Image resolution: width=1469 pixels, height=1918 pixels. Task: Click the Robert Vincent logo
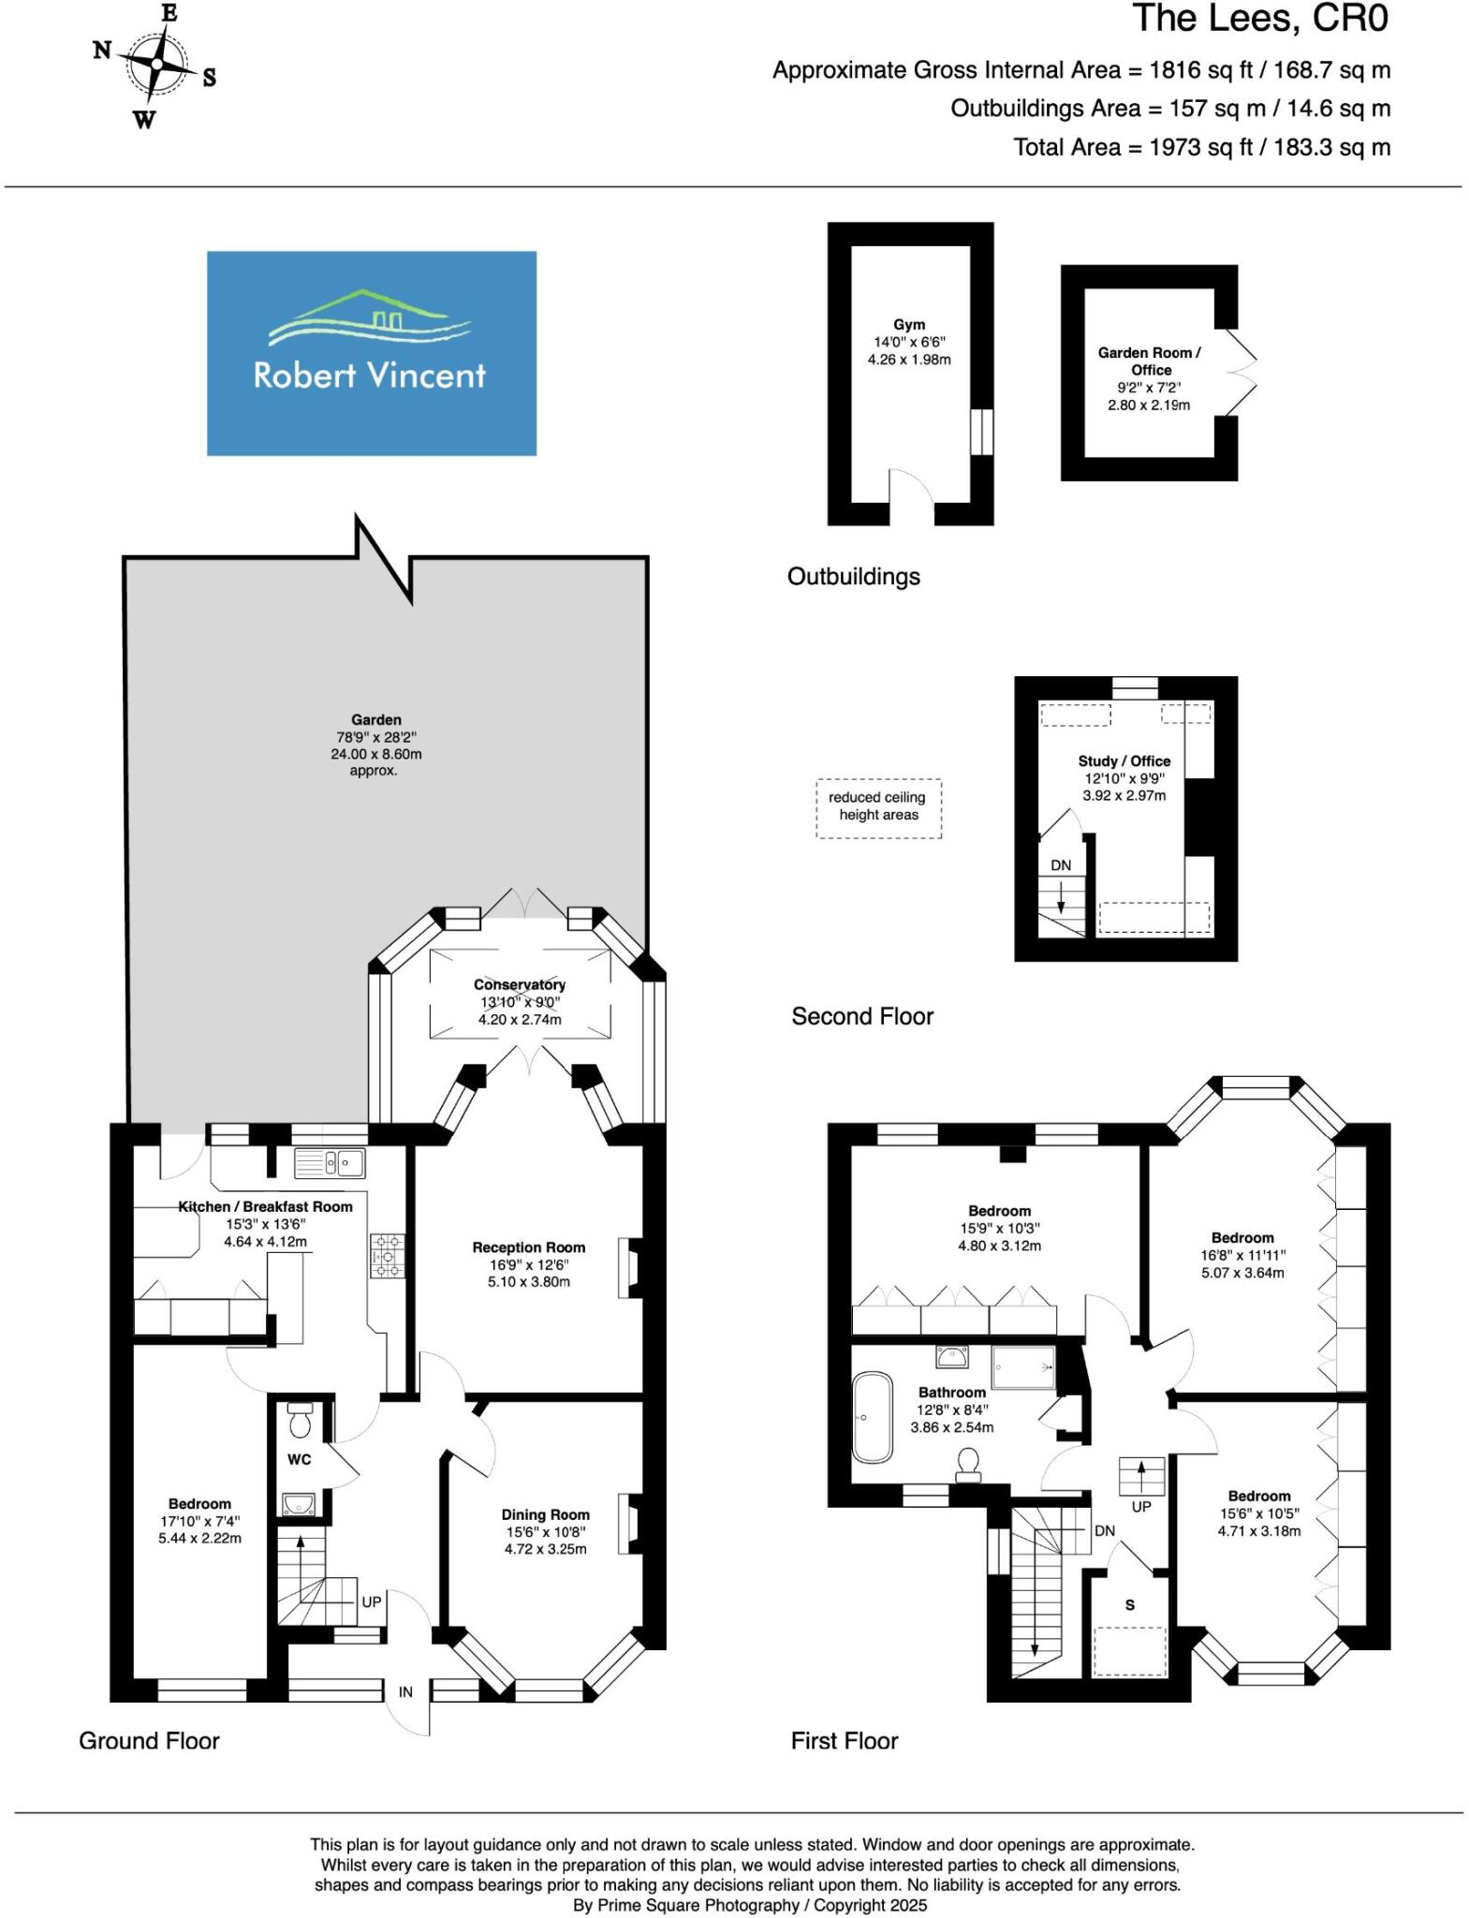point(371,353)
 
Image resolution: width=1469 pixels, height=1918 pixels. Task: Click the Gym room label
point(909,325)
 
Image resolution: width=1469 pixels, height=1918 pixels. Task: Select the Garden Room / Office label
point(1149,361)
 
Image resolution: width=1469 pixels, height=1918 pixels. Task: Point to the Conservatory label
point(519,984)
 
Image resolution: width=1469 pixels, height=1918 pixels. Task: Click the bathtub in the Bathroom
point(873,1417)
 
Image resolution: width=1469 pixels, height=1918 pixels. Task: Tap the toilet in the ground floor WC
point(301,1422)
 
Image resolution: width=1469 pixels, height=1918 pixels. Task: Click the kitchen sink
point(329,1163)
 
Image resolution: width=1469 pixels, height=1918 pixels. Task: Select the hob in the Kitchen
point(388,1256)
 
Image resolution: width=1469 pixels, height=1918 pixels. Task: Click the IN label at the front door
point(405,1691)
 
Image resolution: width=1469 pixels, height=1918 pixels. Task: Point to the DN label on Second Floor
point(1060,865)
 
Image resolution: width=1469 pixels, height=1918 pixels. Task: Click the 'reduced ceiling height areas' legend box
point(878,806)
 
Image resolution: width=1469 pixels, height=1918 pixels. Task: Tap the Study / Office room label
point(1124,761)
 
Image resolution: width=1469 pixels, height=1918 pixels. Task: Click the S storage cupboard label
point(1130,1605)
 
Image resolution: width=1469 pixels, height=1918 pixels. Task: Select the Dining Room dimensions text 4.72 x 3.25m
point(545,1549)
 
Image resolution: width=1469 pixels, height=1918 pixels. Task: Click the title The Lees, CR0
point(1260,19)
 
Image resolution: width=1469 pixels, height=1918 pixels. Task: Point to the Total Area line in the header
point(1201,147)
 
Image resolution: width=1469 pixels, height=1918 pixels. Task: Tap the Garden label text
point(376,719)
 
